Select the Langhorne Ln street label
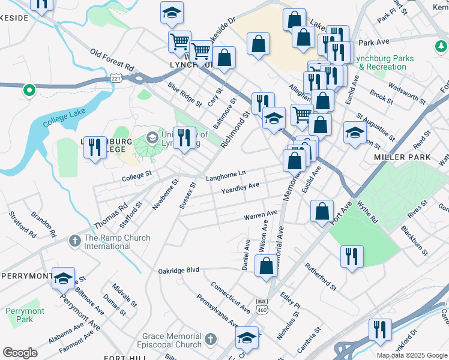click(x=226, y=173)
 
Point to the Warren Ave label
click(x=261, y=214)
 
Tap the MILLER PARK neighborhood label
click(x=402, y=157)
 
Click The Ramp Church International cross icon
click(x=74, y=241)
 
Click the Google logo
click(x=20, y=352)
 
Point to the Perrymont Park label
click(x=25, y=316)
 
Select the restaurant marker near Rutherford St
click(x=352, y=256)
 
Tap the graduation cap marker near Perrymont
click(x=63, y=278)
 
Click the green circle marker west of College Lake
click(x=28, y=91)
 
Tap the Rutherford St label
click(x=318, y=275)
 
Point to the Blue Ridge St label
click(x=185, y=95)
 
